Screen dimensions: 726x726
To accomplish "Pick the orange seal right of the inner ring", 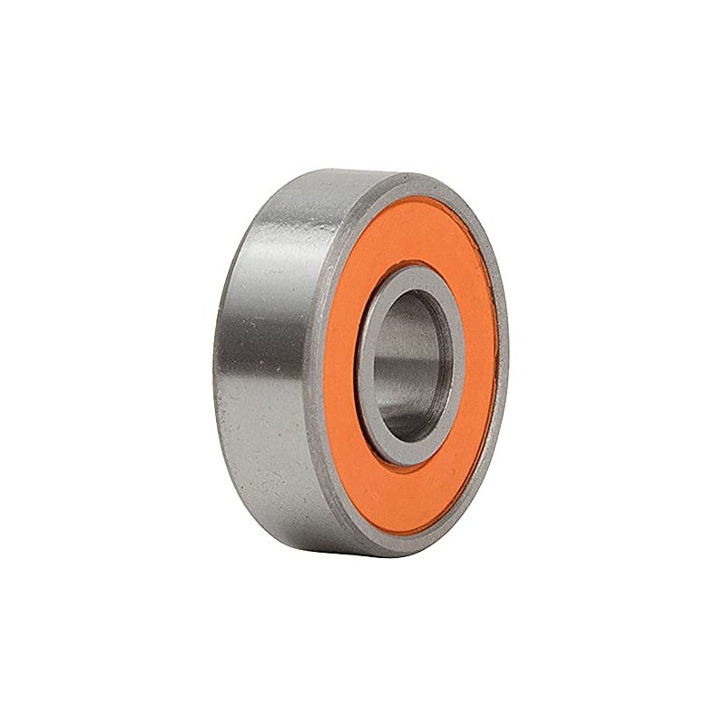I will (x=480, y=363).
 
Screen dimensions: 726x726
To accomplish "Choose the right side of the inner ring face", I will (x=459, y=363).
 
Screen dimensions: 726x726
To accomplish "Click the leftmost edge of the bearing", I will (x=216, y=363).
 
